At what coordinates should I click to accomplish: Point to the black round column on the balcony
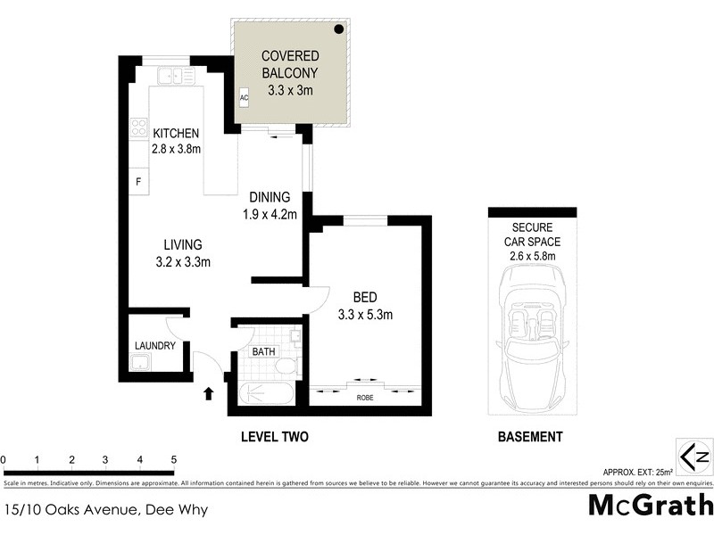(340, 29)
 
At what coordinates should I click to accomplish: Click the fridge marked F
(138, 182)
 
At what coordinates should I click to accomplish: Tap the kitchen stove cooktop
(138, 129)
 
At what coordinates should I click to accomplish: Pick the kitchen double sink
(177, 77)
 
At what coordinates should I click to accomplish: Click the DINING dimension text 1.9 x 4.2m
(269, 213)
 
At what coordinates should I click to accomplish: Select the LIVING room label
(182, 244)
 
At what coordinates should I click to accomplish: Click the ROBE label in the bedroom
(366, 398)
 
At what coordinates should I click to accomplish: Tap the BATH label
(263, 352)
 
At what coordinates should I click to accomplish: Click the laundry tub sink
(139, 362)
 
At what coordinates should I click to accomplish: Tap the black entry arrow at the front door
(210, 392)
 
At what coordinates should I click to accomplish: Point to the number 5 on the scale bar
(173, 460)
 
